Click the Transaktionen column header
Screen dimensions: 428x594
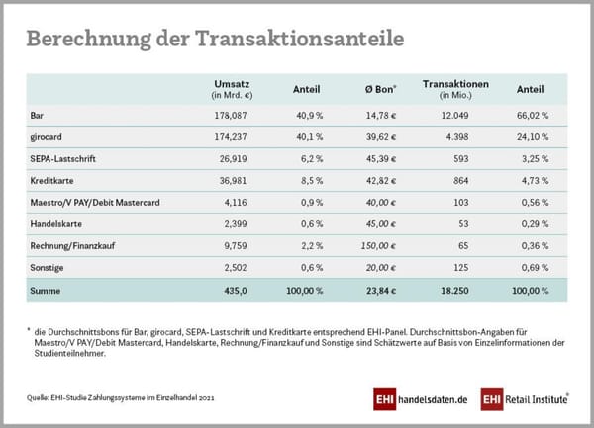(x=455, y=84)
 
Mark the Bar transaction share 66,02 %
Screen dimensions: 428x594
(x=531, y=116)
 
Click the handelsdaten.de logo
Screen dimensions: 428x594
(x=420, y=399)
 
